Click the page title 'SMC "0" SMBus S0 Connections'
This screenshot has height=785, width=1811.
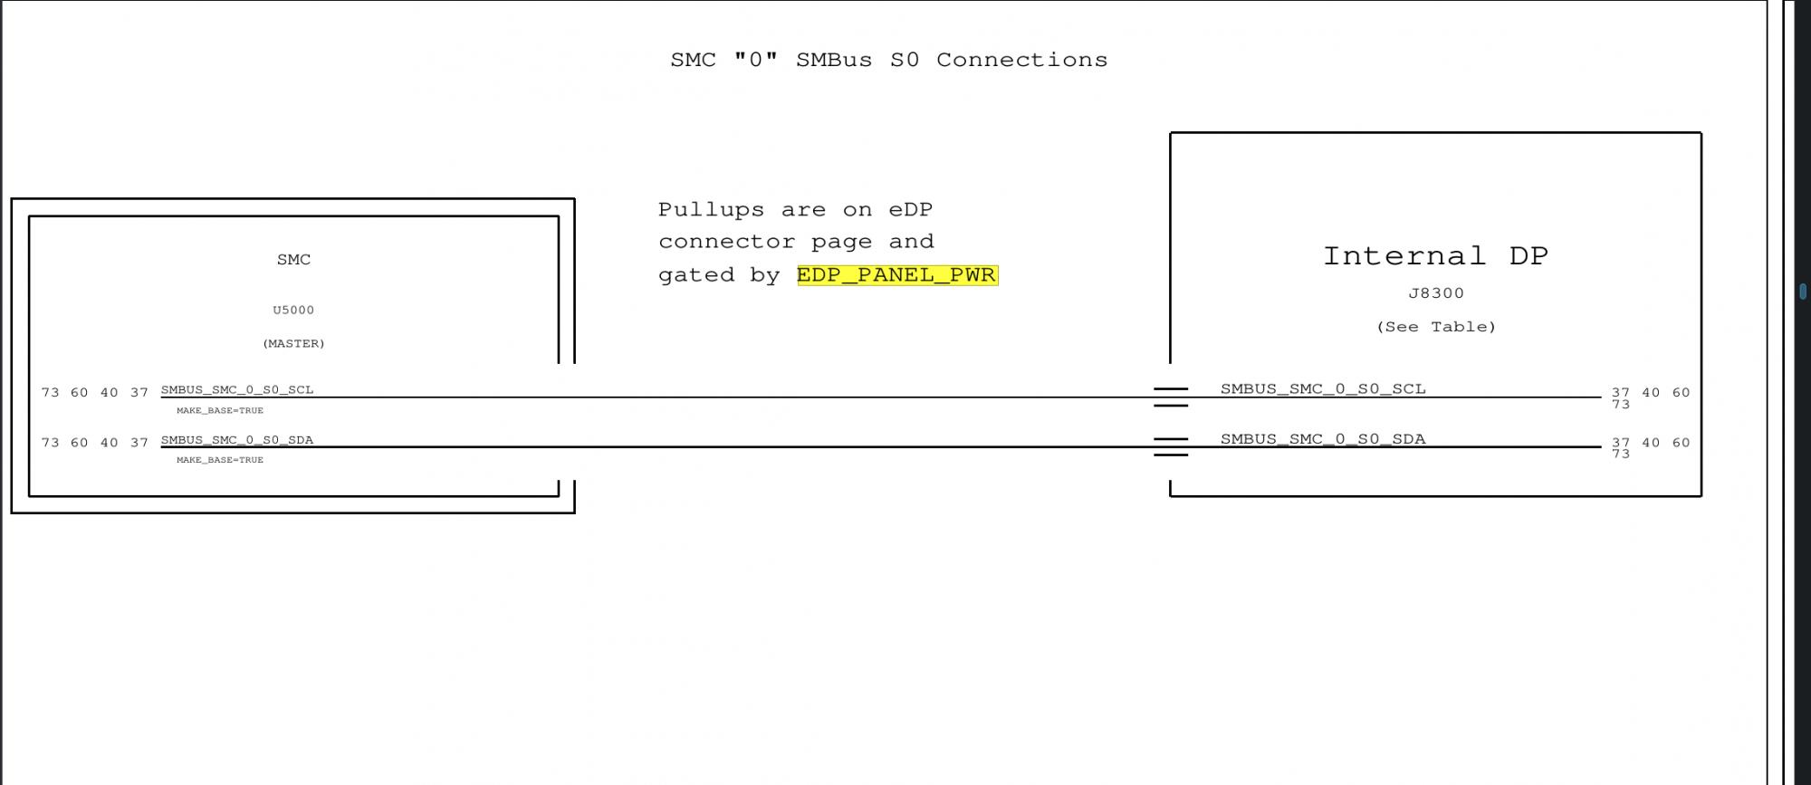coord(888,60)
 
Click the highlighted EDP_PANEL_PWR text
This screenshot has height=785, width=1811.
coord(896,275)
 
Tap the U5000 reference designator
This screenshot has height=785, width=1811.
coord(293,310)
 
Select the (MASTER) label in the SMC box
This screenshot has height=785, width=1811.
coord(293,343)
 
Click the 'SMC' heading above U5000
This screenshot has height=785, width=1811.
coord(293,260)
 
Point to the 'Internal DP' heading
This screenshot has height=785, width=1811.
coord(1435,256)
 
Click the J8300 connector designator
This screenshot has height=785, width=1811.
coord(1435,293)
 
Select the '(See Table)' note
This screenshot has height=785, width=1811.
coord(1435,327)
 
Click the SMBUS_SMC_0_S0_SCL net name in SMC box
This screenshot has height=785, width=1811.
coord(237,389)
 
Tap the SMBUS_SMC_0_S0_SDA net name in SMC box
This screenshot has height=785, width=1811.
coord(237,440)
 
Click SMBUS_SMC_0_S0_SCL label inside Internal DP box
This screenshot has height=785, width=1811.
coord(1323,388)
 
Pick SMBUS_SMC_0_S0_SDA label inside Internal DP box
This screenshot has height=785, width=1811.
coord(1323,439)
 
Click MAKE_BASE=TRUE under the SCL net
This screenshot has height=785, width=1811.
coord(220,410)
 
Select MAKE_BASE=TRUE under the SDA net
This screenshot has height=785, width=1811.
coord(220,460)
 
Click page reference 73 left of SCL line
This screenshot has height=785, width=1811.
coord(50,392)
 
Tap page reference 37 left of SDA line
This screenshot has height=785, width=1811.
coord(139,443)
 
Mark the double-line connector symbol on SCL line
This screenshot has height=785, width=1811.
coord(1171,397)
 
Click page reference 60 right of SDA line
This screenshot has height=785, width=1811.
coord(1681,443)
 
